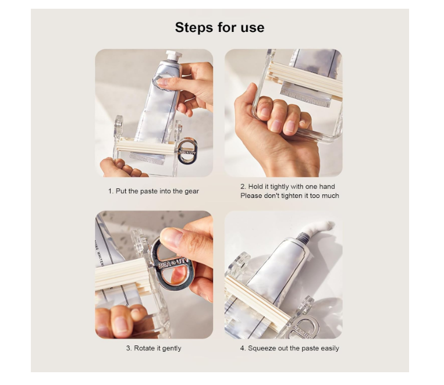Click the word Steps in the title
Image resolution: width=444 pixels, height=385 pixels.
coord(194,28)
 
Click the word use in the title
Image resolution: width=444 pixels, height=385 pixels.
coord(253,28)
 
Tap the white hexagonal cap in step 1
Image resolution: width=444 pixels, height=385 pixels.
coord(173,55)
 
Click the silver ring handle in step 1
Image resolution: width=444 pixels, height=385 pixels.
coord(187,151)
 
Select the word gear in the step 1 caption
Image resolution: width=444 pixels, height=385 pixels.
coord(191,191)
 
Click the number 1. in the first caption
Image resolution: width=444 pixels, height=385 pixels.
coord(111,191)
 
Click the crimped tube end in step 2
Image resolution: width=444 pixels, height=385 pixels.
coord(306,97)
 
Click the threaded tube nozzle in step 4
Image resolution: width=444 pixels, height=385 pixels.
coord(303,237)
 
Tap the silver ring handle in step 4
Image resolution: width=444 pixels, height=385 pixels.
coord(303,329)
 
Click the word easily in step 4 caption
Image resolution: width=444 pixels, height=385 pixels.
coord(330,348)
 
